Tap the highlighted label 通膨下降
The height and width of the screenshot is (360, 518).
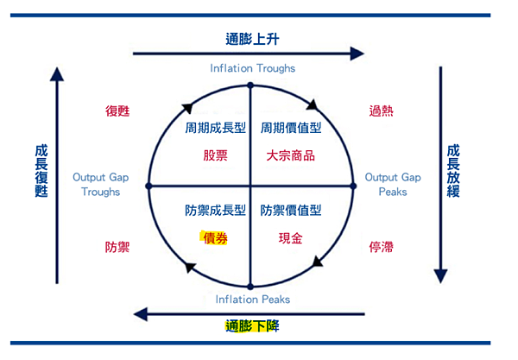click(x=252, y=326)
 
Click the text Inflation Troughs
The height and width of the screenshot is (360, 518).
click(x=252, y=68)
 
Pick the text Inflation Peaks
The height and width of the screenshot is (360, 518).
click(x=252, y=300)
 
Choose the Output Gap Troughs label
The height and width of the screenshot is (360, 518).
click(x=101, y=184)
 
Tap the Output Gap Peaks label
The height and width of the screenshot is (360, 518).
click(x=393, y=184)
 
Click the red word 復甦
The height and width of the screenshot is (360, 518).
click(x=117, y=111)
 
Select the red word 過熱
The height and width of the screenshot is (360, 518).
click(x=380, y=111)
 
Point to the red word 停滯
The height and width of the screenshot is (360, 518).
click(x=380, y=247)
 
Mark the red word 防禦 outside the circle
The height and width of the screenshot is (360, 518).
click(x=117, y=247)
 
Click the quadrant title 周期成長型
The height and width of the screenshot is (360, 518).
click(x=216, y=128)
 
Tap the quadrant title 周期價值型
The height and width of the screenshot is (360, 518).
click(x=291, y=128)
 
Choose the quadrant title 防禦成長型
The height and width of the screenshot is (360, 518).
click(x=216, y=210)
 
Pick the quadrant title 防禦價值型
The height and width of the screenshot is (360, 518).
click(x=291, y=210)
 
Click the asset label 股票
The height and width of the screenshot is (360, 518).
click(x=216, y=156)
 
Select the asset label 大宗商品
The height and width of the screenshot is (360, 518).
click(x=291, y=156)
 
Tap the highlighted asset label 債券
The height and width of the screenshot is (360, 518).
click(x=214, y=238)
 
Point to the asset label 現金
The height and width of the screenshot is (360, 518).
click(x=291, y=238)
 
